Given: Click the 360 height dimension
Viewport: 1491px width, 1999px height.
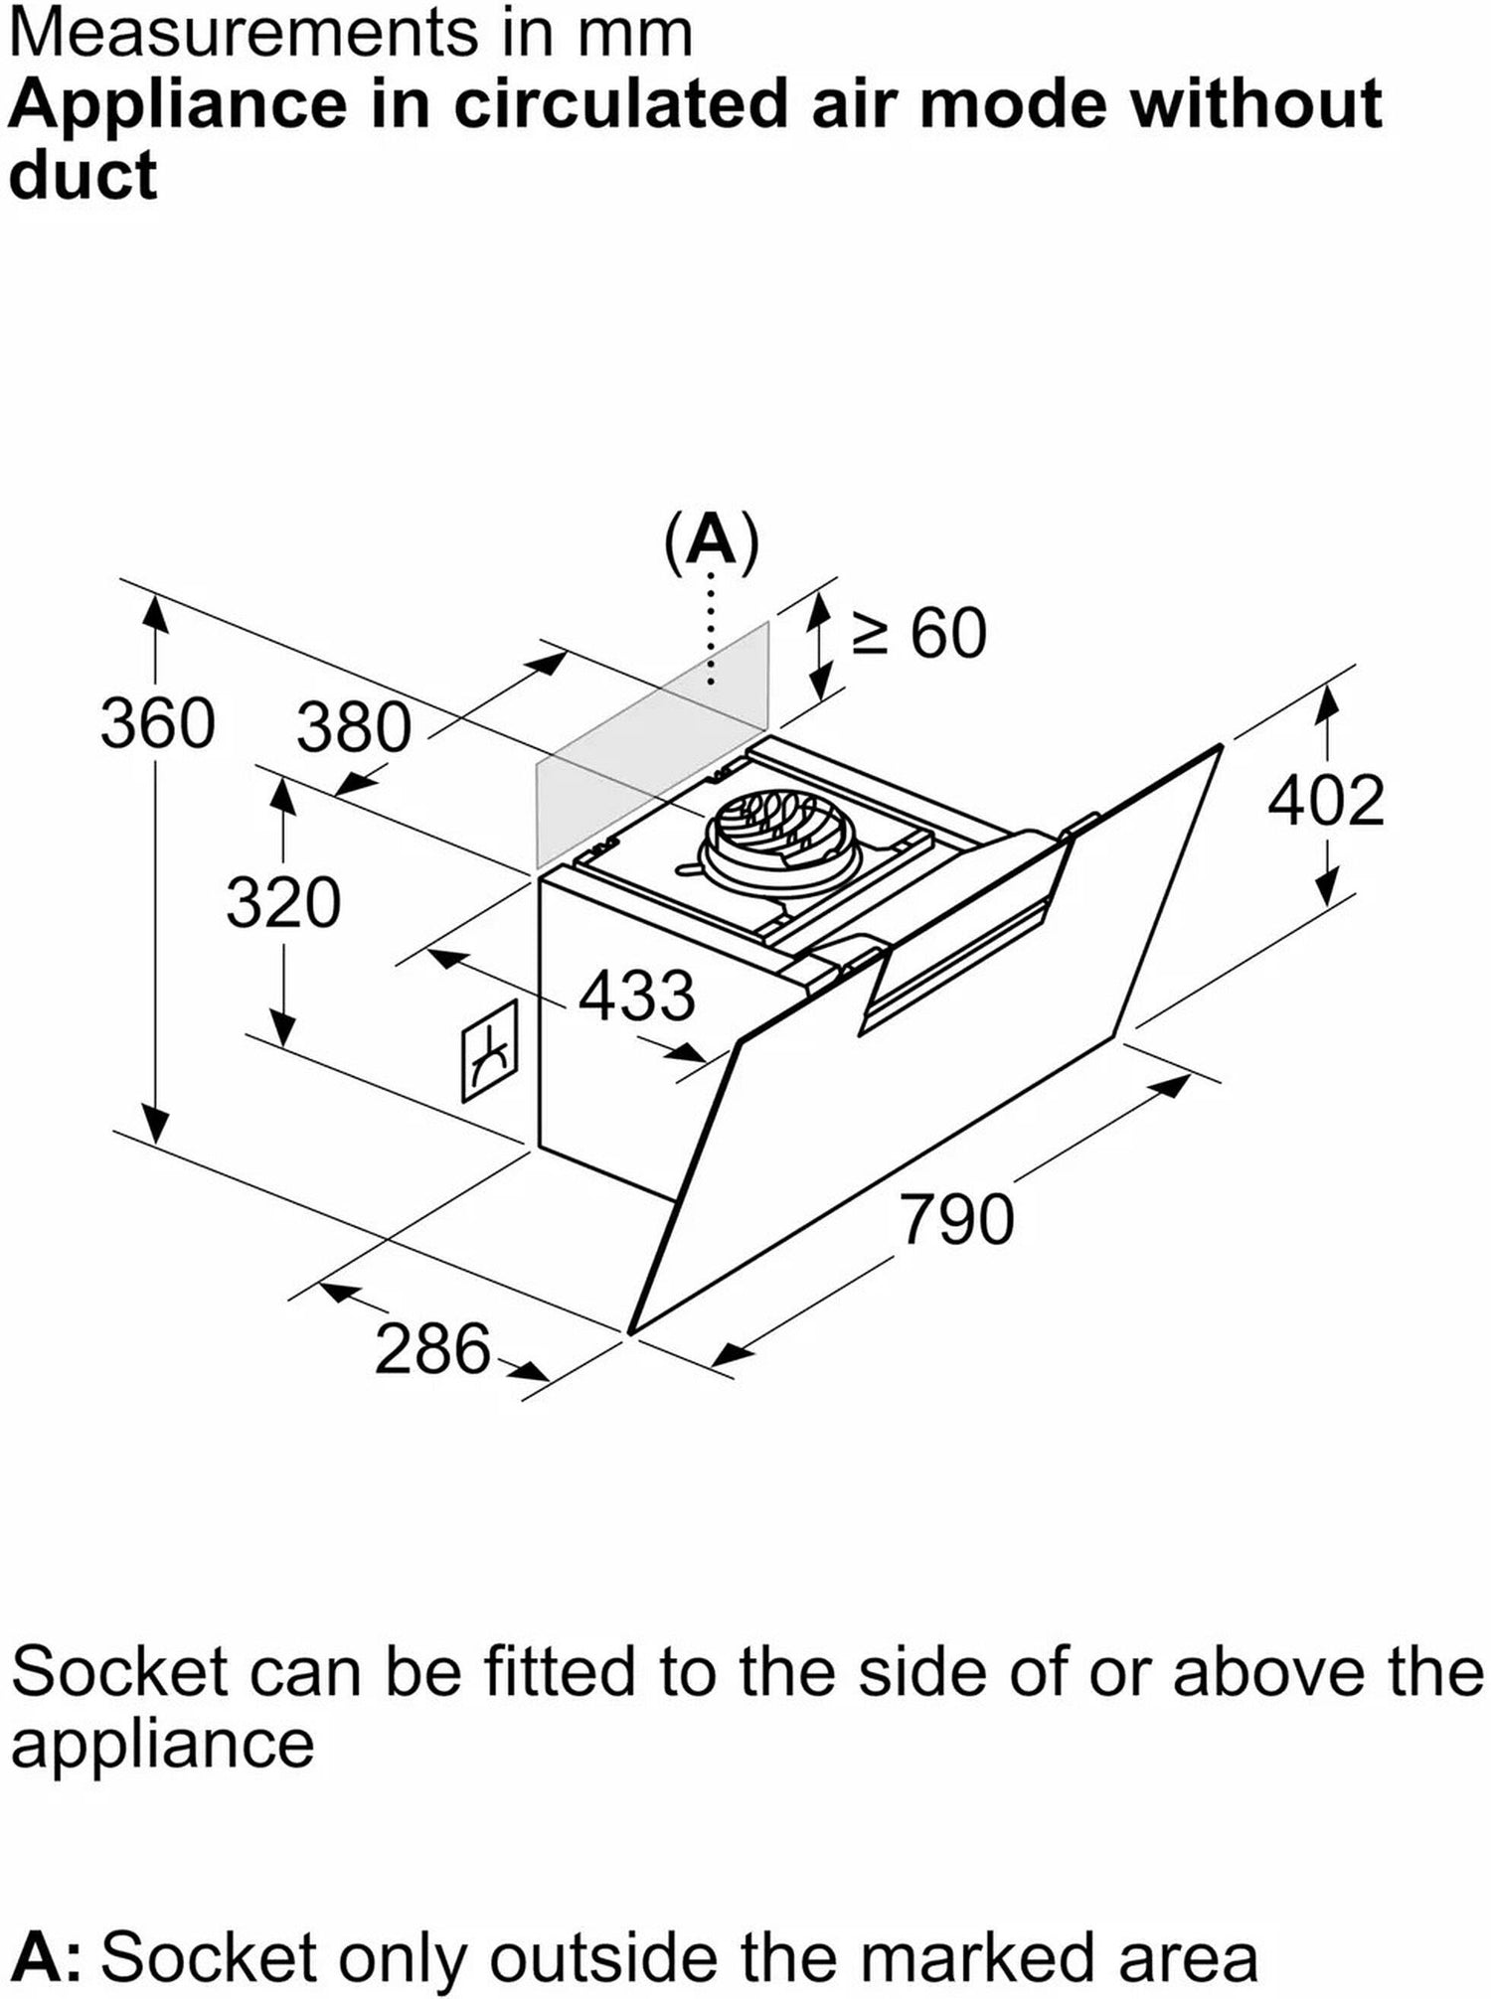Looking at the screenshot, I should pyautogui.click(x=157, y=723).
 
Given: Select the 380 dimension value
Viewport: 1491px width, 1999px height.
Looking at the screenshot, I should pyautogui.click(x=354, y=727).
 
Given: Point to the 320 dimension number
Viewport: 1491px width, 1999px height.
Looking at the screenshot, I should pyautogui.click(x=283, y=903).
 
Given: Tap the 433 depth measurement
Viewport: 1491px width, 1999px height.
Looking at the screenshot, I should pyautogui.click(x=636, y=996).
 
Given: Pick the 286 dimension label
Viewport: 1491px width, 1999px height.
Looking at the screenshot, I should pyautogui.click(x=432, y=1349).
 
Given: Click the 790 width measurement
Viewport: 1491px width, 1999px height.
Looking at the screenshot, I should pyautogui.click(x=957, y=1220).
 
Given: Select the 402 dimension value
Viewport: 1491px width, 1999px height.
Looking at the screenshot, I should pyautogui.click(x=1326, y=801).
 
